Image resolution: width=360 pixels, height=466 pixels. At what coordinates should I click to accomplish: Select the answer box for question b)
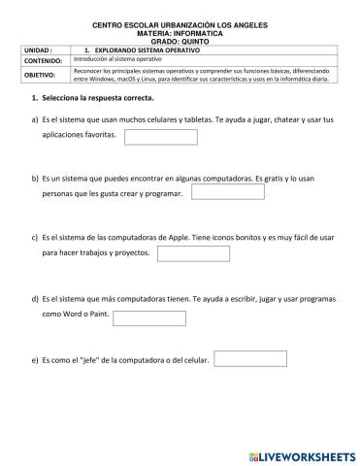click(x=228, y=192)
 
